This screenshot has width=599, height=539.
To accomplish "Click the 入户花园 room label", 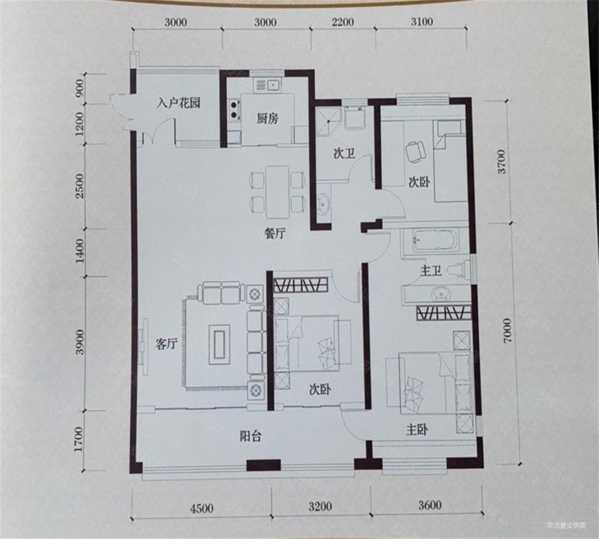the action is [x=178, y=103].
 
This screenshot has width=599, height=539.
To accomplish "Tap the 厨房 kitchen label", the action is [x=268, y=119].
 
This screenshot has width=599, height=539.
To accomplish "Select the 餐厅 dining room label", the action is [x=275, y=233].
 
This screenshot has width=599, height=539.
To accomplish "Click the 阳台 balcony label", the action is [x=250, y=436].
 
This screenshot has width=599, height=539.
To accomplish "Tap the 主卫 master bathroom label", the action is [x=431, y=271].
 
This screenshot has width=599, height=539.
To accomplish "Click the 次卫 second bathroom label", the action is [x=344, y=154].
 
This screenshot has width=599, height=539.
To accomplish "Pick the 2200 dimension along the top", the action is [x=342, y=22].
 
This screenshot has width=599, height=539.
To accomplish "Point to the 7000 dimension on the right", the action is [x=507, y=330].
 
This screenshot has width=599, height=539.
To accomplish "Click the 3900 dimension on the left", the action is [x=79, y=342].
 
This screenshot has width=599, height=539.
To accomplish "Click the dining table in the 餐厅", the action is [x=278, y=192].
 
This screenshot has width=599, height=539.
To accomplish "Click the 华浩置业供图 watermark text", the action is [x=567, y=525].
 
